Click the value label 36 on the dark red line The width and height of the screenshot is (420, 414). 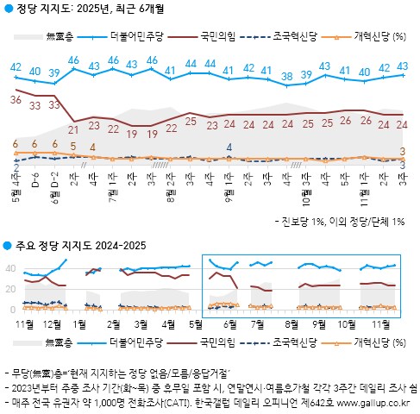click(15, 101)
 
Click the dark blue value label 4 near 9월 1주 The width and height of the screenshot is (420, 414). click(229, 147)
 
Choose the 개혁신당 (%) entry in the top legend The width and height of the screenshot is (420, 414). click(372, 36)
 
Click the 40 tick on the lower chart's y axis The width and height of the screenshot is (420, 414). click(12, 268)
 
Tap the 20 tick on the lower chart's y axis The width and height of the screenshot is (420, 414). click(12, 289)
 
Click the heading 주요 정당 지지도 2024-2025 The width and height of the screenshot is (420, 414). click(80, 246)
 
